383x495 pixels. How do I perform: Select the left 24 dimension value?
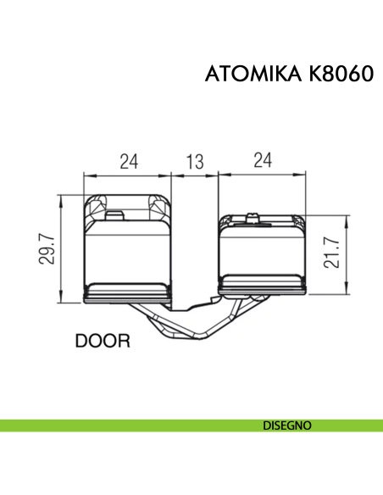point(128,162)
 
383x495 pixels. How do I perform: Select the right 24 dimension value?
point(263,162)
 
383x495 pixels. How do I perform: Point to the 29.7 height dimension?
point(48,249)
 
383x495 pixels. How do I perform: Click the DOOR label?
point(103,342)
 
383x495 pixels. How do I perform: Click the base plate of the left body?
point(128,292)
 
